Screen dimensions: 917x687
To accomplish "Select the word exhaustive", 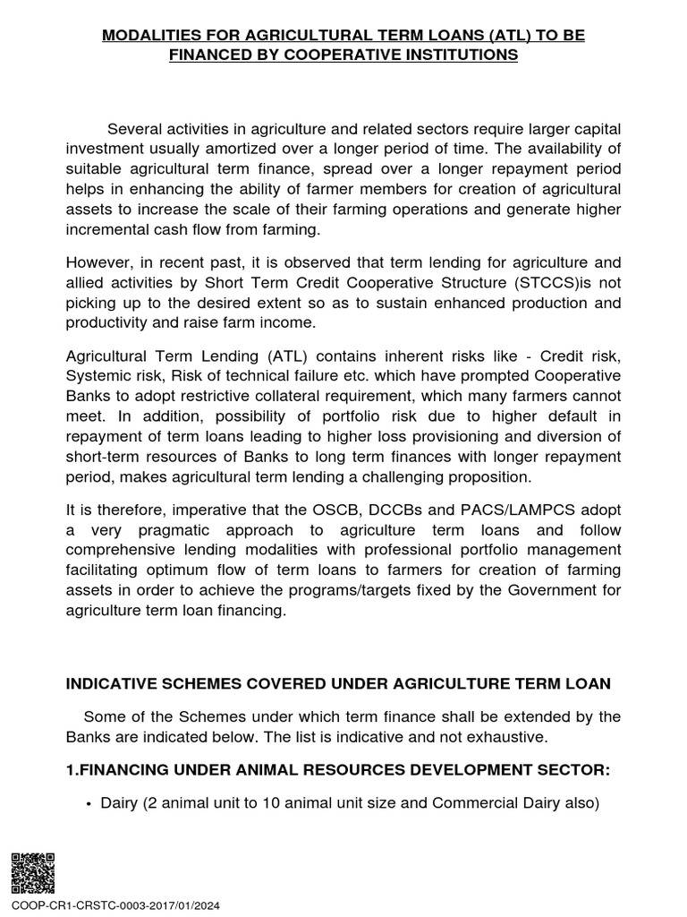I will coord(496,737).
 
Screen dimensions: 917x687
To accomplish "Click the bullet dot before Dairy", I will coord(89,804).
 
